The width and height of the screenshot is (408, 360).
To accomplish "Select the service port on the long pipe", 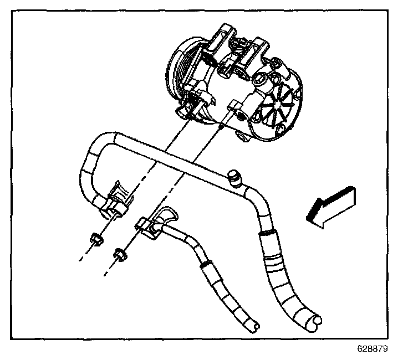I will [x=234, y=178].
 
